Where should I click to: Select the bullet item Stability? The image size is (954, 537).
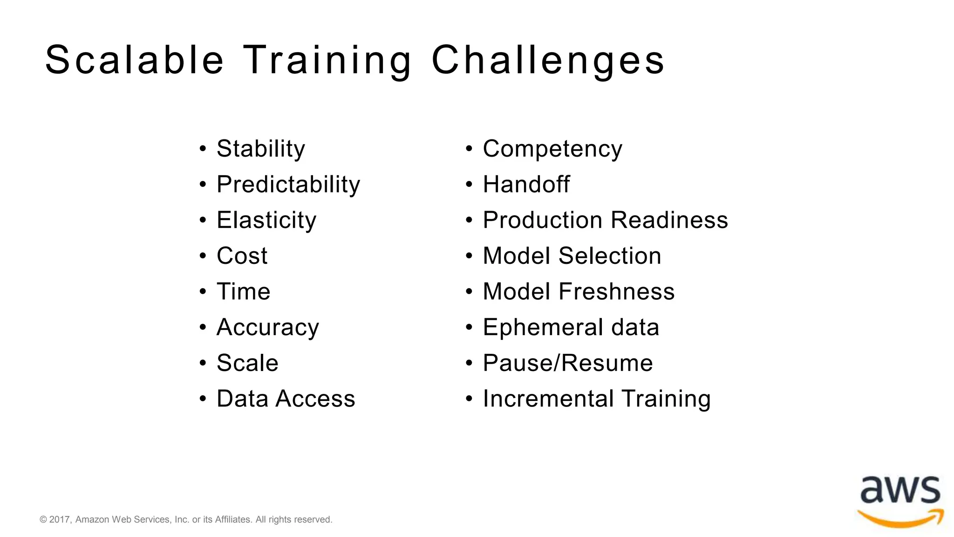pos(261,149)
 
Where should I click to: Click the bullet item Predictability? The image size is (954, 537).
pos(288,185)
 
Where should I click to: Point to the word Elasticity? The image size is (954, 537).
pos(266,220)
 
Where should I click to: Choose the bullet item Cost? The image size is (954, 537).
pos(242,256)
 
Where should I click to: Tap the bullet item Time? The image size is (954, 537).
pos(243,292)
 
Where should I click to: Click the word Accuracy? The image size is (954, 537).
pos(268,327)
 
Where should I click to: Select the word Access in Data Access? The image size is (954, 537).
pos(315,399)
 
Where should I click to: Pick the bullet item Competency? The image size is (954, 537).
pos(552,149)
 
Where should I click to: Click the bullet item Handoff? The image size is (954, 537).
pos(526,185)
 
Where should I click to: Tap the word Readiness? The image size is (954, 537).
pos(669,220)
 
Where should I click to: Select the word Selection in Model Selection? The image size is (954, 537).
pos(610,256)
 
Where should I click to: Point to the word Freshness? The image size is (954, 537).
pos(616,292)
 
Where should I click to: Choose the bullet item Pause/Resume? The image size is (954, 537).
pos(568,363)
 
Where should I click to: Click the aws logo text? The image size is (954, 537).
pos(900,490)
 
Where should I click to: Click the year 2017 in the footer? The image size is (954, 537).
pos(59,520)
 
